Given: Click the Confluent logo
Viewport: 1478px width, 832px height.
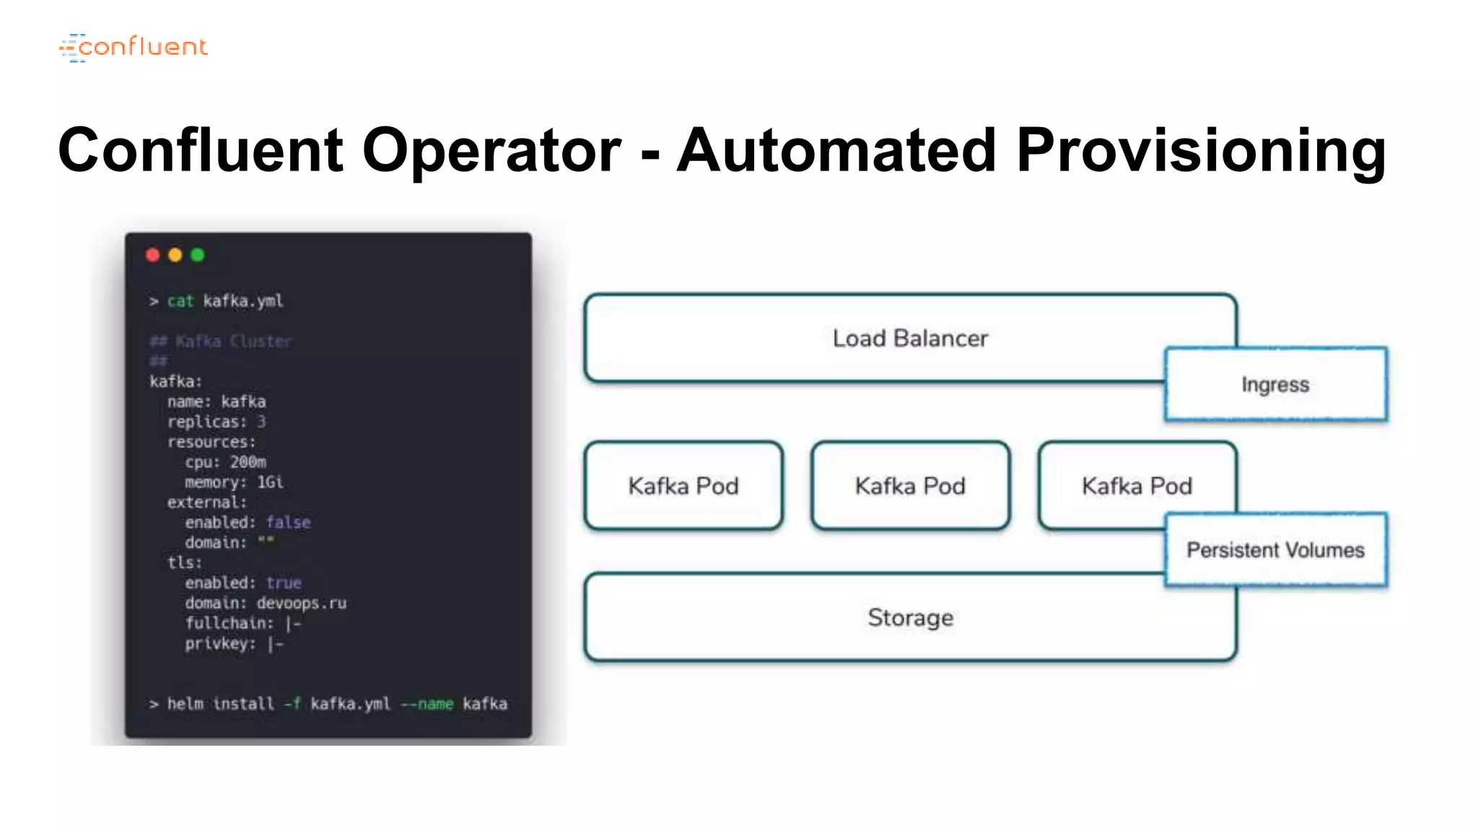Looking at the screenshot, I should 134,48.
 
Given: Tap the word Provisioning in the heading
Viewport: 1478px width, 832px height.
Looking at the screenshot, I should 1200,150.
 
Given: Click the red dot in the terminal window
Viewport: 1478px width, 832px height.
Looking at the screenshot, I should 152,255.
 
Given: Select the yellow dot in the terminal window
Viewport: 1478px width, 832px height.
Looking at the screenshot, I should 175,255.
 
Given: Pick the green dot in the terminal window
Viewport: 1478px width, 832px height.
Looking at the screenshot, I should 197,255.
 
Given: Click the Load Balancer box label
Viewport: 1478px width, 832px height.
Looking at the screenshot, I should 909,338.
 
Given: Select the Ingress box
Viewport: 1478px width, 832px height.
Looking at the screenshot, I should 1274,384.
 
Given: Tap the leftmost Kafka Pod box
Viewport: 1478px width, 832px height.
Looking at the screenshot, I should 683,486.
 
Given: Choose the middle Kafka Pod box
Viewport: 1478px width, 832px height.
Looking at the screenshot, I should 909,486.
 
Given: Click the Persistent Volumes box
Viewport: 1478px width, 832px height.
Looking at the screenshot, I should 1274,550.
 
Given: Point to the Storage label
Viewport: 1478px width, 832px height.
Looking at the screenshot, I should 909,617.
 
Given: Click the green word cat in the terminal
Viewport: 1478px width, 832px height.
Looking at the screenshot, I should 180,301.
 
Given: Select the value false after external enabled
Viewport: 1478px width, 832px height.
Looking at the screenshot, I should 288,522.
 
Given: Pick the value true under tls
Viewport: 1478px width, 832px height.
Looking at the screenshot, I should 284,583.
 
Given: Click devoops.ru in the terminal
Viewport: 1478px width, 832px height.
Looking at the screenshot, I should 302,603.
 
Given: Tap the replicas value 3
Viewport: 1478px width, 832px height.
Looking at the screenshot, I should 261,422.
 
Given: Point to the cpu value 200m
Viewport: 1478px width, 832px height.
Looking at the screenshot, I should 248,462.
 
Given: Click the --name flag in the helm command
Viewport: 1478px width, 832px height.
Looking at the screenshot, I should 427,704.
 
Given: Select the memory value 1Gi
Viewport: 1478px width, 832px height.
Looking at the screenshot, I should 270,482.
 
